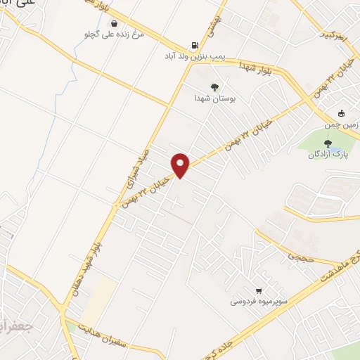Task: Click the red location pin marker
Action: (181, 165)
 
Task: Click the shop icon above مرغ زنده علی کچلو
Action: (114, 23)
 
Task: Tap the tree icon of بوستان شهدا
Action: (214, 87)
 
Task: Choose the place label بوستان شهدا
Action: (214, 98)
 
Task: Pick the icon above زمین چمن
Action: (342, 113)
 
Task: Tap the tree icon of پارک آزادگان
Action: (328, 143)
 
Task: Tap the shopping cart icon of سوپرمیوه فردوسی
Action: (259, 290)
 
